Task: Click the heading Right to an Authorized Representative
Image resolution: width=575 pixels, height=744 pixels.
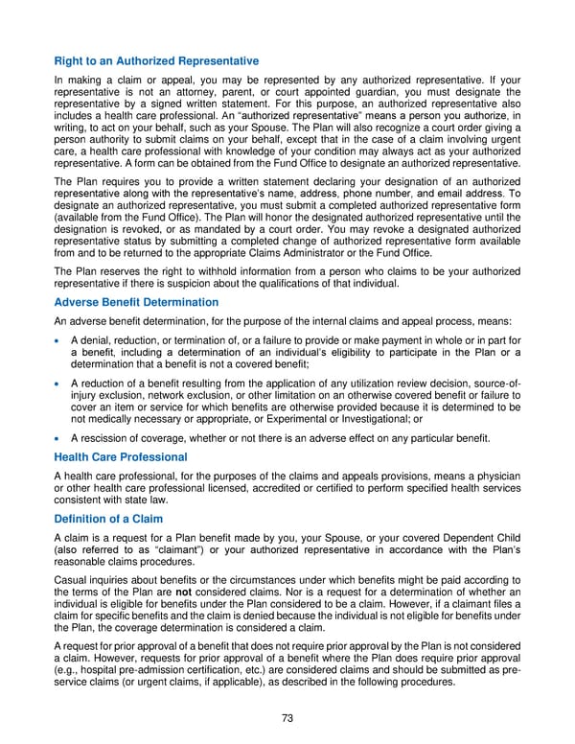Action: click(156, 61)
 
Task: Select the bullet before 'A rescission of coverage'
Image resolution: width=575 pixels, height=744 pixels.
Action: click(60, 439)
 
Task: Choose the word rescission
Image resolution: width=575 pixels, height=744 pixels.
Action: click(104, 439)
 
